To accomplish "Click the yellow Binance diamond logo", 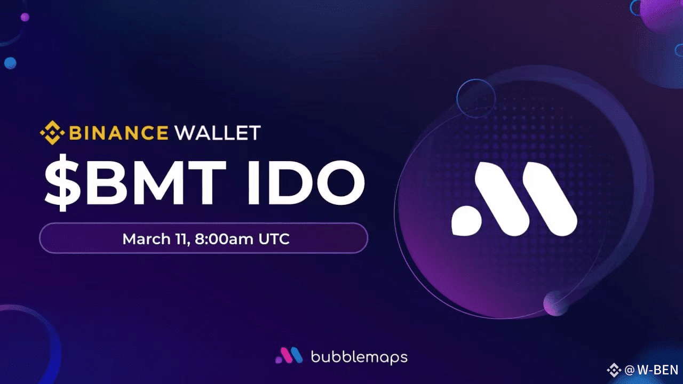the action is [52, 133].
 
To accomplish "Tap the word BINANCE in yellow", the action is [118, 133].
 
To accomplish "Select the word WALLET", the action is [218, 133].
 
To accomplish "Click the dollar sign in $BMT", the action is [63, 182].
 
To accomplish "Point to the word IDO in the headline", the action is [306, 182].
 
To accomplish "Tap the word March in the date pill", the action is [146, 238].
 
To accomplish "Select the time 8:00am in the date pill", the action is [224, 238].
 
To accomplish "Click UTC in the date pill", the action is [274, 238].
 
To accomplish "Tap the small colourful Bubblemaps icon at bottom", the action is [289, 355].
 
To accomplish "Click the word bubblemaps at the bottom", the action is [359, 357].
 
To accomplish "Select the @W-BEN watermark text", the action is [652, 370].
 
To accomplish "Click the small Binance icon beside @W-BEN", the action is [614, 370].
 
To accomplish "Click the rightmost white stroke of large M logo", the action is [550, 199].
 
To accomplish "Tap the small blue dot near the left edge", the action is [10, 63].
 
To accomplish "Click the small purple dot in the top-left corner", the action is [25, 17].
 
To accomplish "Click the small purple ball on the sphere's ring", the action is [555, 303].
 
